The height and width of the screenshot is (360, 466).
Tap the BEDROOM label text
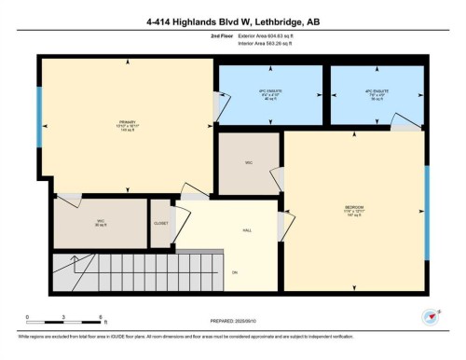(x=353, y=207)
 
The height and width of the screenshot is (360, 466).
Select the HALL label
(x=247, y=229)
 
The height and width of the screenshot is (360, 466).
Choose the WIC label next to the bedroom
(x=249, y=163)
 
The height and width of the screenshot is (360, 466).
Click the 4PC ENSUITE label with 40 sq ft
(x=270, y=93)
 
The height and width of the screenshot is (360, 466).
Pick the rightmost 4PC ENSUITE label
(x=376, y=93)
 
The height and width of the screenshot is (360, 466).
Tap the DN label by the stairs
(x=235, y=271)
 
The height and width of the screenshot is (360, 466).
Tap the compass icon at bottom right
(x=430, y=315)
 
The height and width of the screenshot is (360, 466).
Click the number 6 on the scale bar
(x=103, y=318)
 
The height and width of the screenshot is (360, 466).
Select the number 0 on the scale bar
(x=27, y=318)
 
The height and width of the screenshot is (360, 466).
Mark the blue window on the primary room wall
(x=39, y=117)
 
